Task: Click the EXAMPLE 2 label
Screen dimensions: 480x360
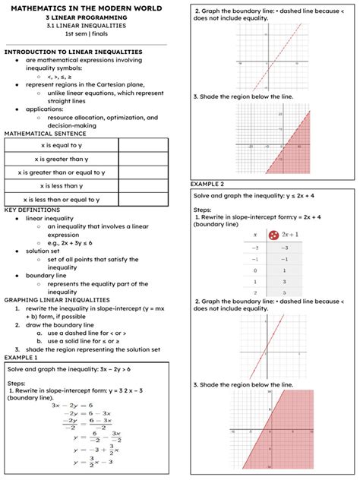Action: pyautogui.click(x=207, y=184)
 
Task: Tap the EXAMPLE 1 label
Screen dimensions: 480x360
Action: pyautogui.click(x=21, y=356)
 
